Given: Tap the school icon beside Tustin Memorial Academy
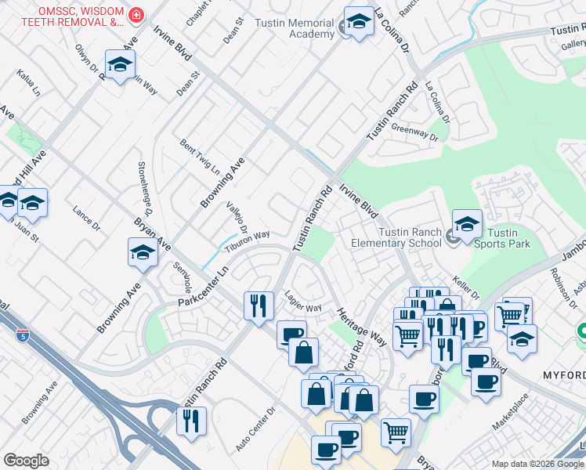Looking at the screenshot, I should (359, 23).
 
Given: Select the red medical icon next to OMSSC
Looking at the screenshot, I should (136, 15).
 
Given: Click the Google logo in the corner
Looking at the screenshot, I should (27, 461).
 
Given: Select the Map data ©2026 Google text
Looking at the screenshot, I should (537, 464).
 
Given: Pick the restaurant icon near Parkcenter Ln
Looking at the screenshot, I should (259, 305).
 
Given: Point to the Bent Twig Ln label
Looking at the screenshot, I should (199, 157).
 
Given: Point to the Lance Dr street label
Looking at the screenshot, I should (86, 219).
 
